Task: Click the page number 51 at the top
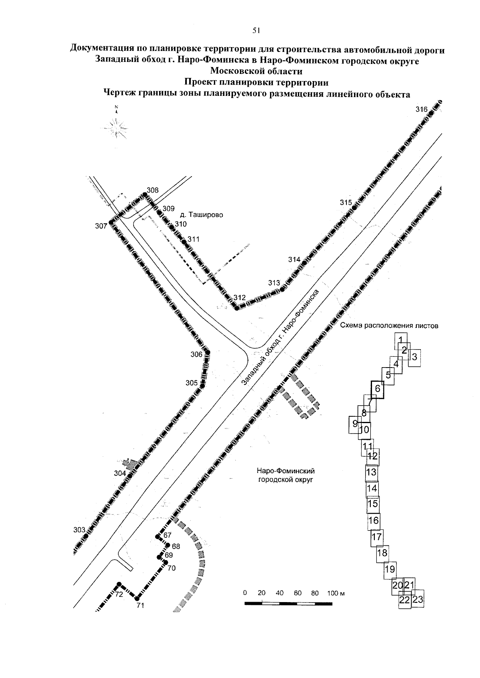(256, 30)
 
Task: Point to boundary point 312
(236, 308)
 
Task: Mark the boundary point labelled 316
(431, 113)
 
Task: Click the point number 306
(207, 352)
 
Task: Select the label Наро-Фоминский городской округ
(286, 475)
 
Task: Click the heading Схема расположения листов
(389, 326)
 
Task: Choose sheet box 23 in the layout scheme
(418, 599)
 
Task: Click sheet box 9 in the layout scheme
(354, 424)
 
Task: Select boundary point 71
(137, 598)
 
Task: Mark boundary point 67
(158, 536)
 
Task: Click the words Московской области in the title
(256, 72)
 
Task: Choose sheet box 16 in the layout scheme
(373, 521)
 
